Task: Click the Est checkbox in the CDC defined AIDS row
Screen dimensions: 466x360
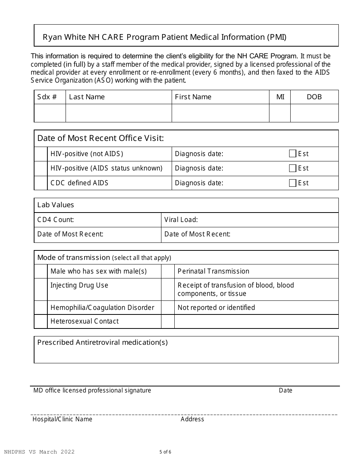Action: [292, 183]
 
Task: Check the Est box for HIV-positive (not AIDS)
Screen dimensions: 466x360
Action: [292, 153]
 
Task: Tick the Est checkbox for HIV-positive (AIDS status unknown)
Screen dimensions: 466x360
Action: [292, 168]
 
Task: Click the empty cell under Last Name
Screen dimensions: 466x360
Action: [119, 113]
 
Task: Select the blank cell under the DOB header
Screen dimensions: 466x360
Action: [314, 113]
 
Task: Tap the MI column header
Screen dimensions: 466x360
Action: [280, 97]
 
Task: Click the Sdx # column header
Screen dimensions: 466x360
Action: [47, 97]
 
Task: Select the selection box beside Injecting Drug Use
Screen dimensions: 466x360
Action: [41, 289]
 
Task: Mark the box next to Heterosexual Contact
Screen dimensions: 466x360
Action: [41, 321]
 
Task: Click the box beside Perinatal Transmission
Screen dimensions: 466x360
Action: [167, 271]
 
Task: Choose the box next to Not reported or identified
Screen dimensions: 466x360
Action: [167, 308]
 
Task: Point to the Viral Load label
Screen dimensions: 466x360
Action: [181, 220]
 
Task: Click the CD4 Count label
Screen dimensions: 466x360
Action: [56, 220]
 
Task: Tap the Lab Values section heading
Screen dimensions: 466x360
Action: [56, 205]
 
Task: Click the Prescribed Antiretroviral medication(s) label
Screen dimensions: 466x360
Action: [102, 342]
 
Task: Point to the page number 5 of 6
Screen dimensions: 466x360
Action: [166, 452]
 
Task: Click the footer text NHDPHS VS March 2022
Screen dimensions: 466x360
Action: [39, 452]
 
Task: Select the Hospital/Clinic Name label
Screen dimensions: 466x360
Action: [63, 419]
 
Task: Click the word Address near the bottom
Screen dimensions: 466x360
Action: [192, 419]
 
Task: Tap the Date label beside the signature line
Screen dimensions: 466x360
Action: [285, 390]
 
